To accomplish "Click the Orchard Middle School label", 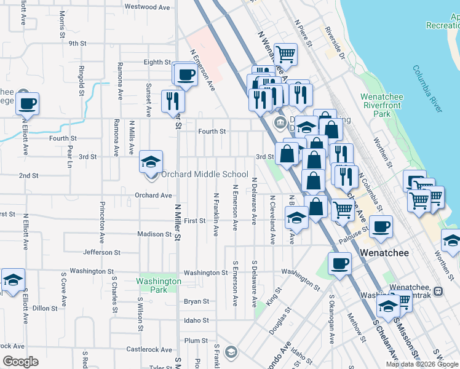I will [204, 175].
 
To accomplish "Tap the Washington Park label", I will [159, 285].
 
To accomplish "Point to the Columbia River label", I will [427, 89].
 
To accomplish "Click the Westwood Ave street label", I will [147, 7].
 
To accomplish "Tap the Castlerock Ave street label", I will [149, 349].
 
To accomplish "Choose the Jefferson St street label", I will [101, 252].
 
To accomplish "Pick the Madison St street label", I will [154, 234].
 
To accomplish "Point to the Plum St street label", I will [196, 340].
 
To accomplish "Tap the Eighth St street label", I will [157, 62].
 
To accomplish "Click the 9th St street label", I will [77, 43].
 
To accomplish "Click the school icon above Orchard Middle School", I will [151, 163].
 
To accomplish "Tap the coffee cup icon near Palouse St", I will [381, 226].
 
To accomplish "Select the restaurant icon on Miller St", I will [172, 101].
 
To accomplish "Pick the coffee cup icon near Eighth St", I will [184, 76].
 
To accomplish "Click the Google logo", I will [20, 362].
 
